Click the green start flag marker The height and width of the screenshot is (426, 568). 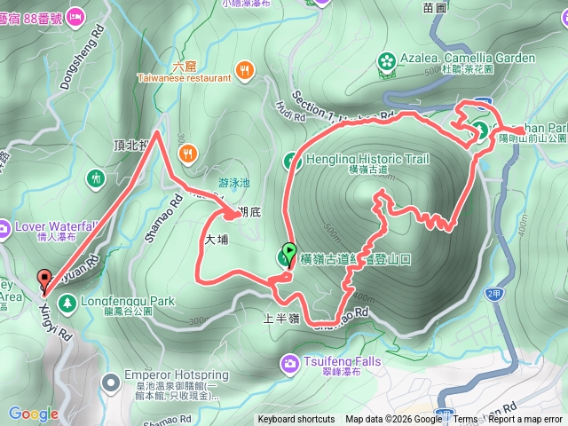point(289,253)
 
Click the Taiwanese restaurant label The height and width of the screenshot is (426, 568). point(184,78)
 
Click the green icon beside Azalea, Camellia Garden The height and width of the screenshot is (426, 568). point(387,60)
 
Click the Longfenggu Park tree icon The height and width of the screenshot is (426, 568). point(67,304)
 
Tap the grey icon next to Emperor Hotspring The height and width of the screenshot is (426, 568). point(110,383)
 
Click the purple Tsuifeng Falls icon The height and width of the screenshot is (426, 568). point(290,363)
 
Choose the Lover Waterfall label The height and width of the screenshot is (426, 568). point(55,225)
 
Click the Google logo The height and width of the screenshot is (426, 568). point(33,414)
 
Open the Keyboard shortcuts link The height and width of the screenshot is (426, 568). point(296,420)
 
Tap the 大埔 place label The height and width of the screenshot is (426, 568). point(217,240)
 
